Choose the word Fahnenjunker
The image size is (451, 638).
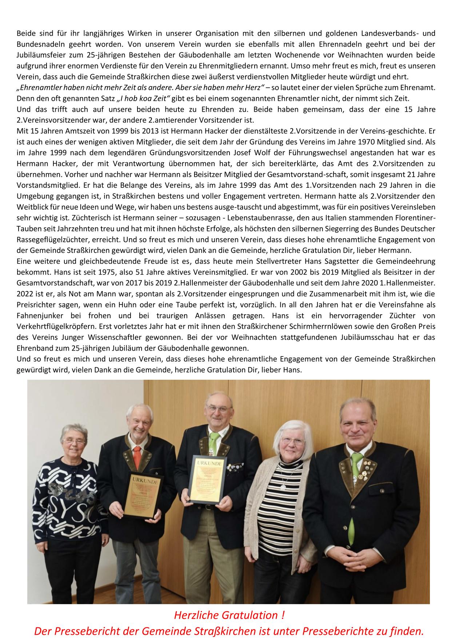[x=36, y=315]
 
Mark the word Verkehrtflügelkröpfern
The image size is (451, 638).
[x=50, y=326]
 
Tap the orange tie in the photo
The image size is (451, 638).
[x=137, y=456]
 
